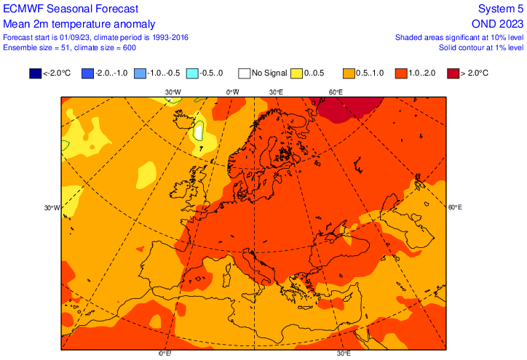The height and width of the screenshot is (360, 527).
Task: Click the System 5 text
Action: coord(500,9)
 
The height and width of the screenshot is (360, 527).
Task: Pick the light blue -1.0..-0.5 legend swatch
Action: coord(140,73)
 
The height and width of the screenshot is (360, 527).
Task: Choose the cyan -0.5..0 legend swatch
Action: coord(192,73)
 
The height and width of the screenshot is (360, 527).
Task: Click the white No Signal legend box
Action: coord(245,73)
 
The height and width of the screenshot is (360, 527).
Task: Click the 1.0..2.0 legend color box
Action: coord(402,73)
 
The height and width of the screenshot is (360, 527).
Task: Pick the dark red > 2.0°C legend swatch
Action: coord(453,73)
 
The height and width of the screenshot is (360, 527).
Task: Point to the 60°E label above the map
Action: coord(335,92)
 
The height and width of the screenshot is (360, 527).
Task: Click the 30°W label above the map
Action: coord(173,92)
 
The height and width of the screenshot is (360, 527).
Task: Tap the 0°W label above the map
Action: coord(232,92)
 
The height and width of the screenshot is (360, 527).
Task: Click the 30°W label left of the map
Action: coord(52,207)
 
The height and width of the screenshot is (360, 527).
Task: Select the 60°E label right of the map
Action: coord(455,207)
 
